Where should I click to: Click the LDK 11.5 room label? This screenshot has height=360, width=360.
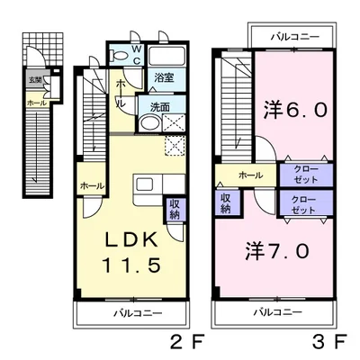pos(135,254)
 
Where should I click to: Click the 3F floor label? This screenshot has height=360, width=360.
pos(327,343)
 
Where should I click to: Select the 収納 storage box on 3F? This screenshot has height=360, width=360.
pos(226,202)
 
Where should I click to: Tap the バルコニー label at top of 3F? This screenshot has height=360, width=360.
pos(293,39)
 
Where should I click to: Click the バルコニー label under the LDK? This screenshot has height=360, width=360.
pos(137,313)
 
